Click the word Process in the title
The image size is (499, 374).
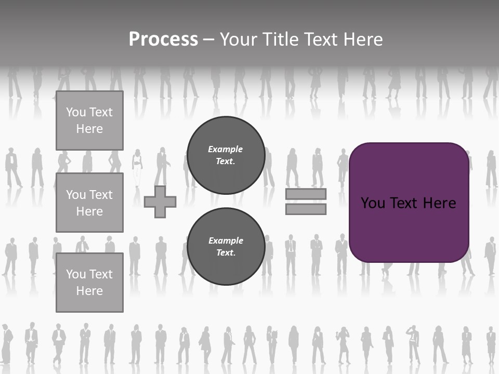click(x=163, y=39)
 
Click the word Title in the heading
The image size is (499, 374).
click(x=281, y=39)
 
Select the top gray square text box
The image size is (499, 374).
click(x=89, y=121)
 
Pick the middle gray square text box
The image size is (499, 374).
click(x=89, y=203)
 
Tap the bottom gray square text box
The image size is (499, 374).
click(x=89, y=282)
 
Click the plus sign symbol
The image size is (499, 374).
click(x=160, y=202)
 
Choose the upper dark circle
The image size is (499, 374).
click(x=226, y=155)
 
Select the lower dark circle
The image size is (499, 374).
click(x=226, y=247)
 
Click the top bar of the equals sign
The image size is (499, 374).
click(x=306, y=194)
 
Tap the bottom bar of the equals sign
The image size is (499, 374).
click(x=306, y=209)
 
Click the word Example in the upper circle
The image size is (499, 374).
click(x=225, y=149)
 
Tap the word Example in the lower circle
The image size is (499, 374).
click(x=225, y=241)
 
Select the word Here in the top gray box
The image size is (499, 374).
click(x=89, y=129)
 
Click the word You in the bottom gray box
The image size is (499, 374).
click(x=76, y=274)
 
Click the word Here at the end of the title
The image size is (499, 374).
click(x=362, y=39)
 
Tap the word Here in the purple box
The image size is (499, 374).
click(x=439, y=203)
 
